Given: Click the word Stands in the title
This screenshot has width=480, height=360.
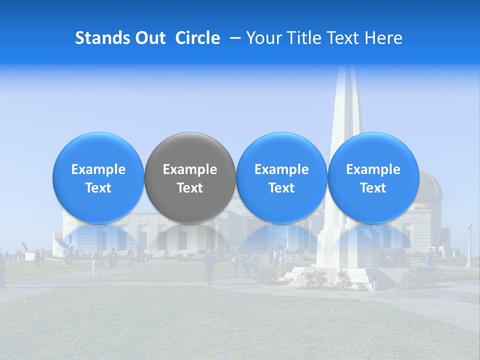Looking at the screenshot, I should (x=99, y=38).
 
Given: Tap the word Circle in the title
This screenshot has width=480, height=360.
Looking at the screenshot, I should (x=197, y=38).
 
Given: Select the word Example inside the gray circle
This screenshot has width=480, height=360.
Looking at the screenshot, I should (x=190, y=169).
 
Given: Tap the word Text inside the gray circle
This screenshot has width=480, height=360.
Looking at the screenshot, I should (x=190, y=188).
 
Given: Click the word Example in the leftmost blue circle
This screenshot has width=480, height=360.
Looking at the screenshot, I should (x=98, y=169).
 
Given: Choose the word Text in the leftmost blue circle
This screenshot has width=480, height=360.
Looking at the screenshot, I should (x=98, y=188).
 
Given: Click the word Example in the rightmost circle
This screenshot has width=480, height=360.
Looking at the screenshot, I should (x=373, y=169).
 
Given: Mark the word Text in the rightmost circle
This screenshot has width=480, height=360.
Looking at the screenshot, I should (x=373, y=188).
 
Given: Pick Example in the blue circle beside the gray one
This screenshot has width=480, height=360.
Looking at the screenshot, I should (x=281, y=169).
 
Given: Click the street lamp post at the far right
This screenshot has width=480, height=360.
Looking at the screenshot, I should (x=469, y=245).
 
